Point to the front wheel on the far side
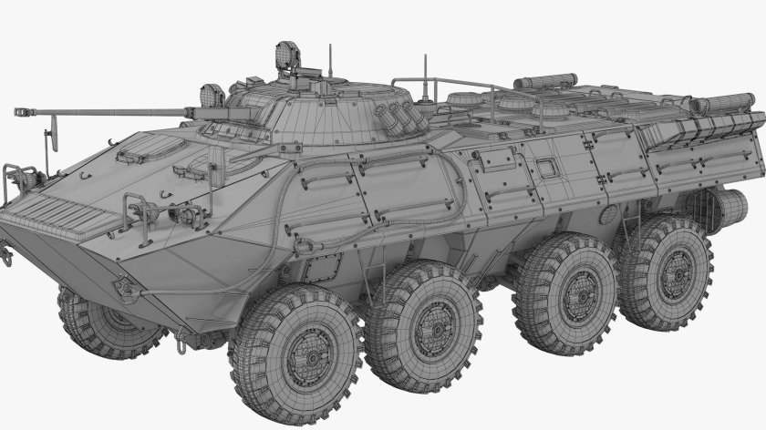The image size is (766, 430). pyautogui.click(x=104, y=321)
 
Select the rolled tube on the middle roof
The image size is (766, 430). pyautogui.click(x=544, y=81)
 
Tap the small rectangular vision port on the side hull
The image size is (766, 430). pyautogui.click(x=544, y=168)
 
